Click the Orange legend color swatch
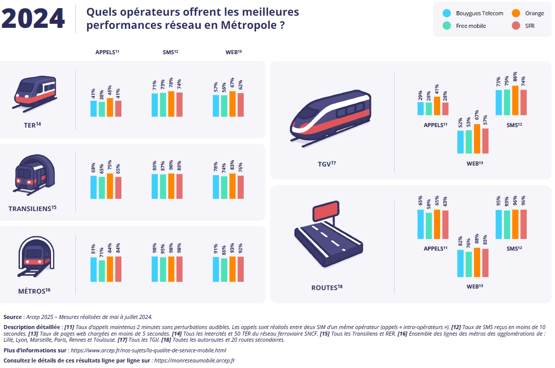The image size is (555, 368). click(x=516, y=14)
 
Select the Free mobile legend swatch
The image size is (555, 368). click(x=446, y=26)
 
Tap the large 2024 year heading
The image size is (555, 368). click(x=33, y=18)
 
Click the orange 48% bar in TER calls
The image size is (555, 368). click(x=110, y=107)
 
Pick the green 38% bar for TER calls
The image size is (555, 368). click(x=102, y=109)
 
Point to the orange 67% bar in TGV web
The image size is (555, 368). click(x=477, y=139)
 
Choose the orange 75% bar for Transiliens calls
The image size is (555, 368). click(x=110, y=186)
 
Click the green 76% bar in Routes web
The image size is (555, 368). click(x=468, y=264)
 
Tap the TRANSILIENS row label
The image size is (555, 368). click(x=32, y=208)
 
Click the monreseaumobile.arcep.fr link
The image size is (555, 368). click(x=195, y=360)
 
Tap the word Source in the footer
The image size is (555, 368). click(x=13, y=317)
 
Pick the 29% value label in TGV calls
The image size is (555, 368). click(x=420, y=95)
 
